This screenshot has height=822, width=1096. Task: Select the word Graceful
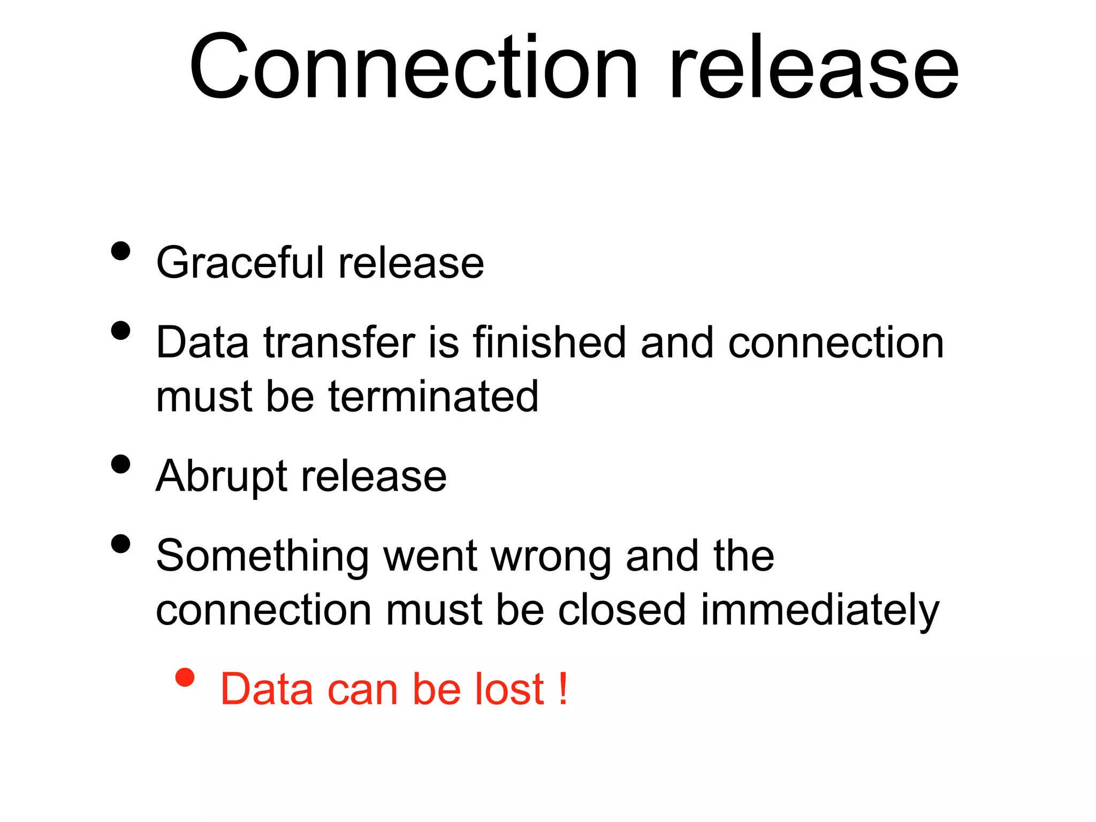239,263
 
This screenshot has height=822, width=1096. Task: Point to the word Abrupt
221,476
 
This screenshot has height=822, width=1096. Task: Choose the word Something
262,557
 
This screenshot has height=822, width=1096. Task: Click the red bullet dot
185,678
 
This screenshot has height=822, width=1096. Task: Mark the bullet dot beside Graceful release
121,251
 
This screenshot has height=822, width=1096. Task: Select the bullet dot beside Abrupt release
121,464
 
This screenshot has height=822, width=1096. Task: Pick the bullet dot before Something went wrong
121,544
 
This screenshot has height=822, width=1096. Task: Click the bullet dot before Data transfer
121,330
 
